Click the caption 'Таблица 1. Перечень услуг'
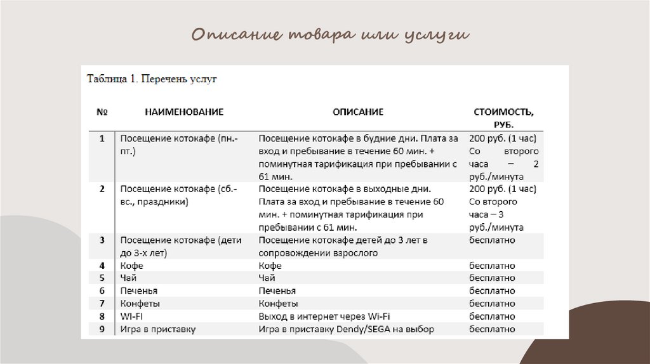[x=152, y=80]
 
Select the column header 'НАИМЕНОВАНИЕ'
[x=184, y=112]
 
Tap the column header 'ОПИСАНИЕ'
[x=358, y=112]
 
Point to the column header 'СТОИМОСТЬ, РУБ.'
[x=503, y=118]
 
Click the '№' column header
[x=102, y=112]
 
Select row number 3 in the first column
[x=102, y=240]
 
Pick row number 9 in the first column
[x=102, y=329]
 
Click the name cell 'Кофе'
[x=131, y=266]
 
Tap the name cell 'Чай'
[x=128, y=278]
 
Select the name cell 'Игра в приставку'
[x=158, y=329]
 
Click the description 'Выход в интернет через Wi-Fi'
[x=324, y=316]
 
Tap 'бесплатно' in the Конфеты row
[x=492, y=304]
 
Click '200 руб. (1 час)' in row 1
[x=503, y=139]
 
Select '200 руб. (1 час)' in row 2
[x=503, y=189]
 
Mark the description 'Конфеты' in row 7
[x=279, y=304]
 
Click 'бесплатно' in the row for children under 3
[x=492, y=240]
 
